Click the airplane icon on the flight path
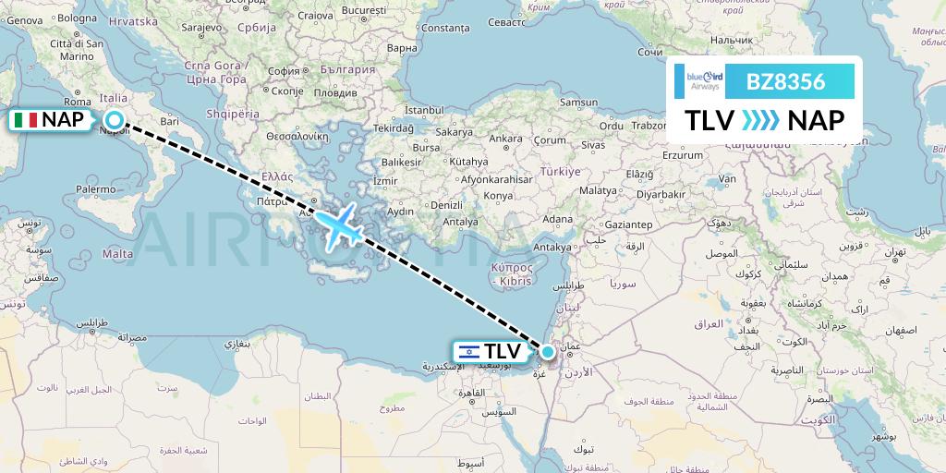[x=340, y=225]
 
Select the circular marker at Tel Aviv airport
[x=548, y=351]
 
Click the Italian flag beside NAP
[x=25, y=120]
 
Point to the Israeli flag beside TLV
[x=468, y=351]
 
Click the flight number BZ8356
[x=786, y=81]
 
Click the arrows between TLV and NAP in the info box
[x=761, y=120]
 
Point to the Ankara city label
[x=505, y=139]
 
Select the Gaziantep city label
[x=628, y=224]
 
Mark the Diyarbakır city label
[x=685, y=195]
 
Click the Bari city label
[x=169, y=121]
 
